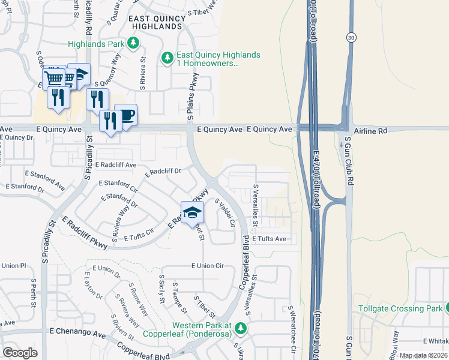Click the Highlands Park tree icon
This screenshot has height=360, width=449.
133,43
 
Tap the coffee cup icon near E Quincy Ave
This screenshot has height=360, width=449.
125,115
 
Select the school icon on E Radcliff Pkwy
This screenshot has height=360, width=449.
192,212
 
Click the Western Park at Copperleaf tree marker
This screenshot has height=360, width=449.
240,328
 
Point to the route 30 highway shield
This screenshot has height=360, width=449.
351,37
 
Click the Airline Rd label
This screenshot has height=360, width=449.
371,130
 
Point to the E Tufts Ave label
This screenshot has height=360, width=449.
269,239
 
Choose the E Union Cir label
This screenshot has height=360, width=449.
207,265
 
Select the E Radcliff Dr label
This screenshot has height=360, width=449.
163,172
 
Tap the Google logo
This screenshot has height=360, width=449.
20,352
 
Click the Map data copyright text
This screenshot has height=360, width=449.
423,355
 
